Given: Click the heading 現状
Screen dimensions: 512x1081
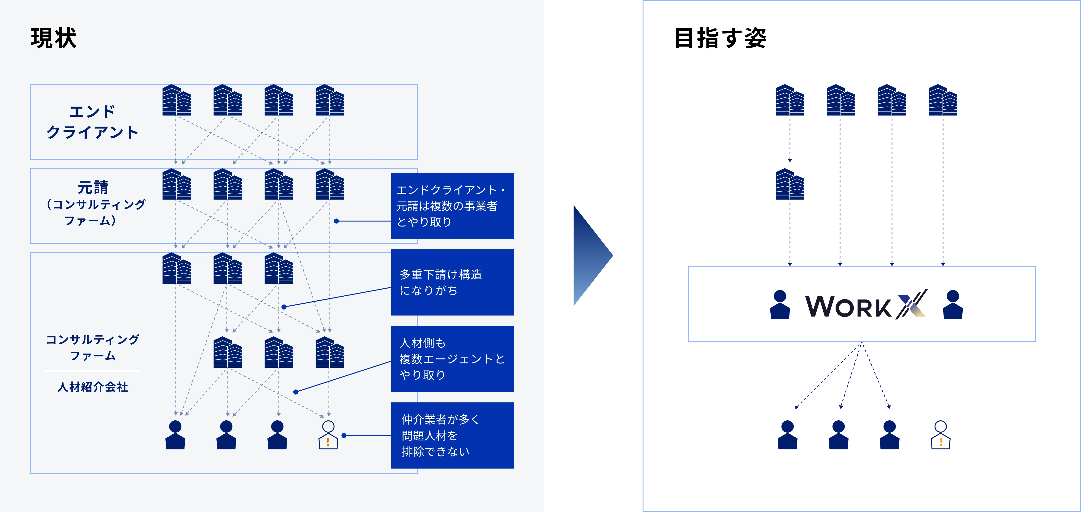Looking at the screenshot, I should click(x=53, y=38).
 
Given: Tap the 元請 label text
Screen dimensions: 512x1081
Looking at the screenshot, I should click(x=93, y=187).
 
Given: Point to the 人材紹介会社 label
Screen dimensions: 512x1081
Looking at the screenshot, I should click(x=93, y=387).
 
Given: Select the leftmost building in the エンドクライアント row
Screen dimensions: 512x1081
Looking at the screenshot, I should click(x=176, y=100).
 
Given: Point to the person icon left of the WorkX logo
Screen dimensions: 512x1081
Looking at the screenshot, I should click(x=780, y=305).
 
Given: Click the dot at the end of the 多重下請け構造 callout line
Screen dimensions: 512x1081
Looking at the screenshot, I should click(x=284, y=307).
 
